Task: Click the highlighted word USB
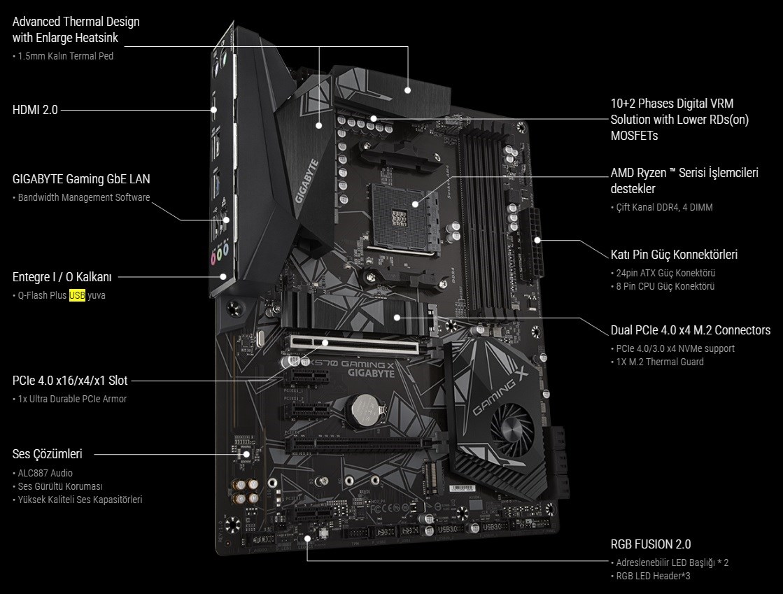click(77, 295)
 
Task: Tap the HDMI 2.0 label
click(35, 109)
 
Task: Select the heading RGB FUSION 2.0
click(651, 544)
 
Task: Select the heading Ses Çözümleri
click(48, 454)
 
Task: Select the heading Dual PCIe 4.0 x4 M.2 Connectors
click(691, 330)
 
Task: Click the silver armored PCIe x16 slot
click(353, 342)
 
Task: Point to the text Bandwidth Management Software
click(84, 197)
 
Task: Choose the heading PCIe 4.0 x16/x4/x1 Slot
click(70, 381)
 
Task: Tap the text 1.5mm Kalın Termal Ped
click(66, 56)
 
